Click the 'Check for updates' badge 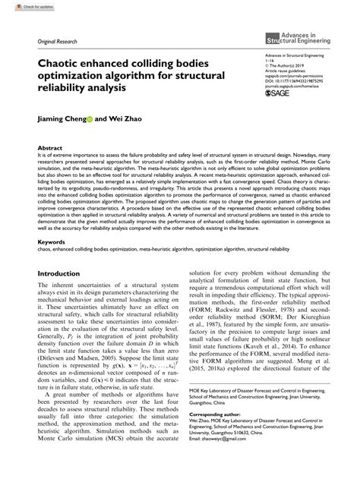[x=22, y=6]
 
